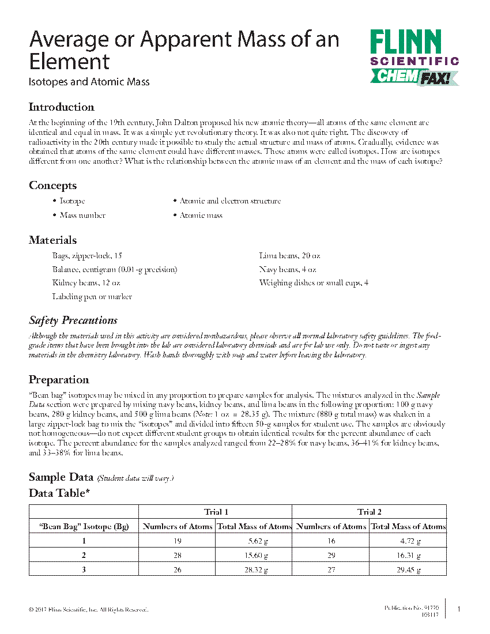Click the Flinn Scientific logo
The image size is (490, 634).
point(413,48)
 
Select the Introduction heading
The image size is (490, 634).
point(61,107)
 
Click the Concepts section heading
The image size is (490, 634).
point(52,186)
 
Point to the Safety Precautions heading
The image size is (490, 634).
point(73,320)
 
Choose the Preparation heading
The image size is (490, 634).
point(59,380)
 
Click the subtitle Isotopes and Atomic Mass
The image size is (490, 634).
point(89,82)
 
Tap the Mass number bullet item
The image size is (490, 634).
point(82,216)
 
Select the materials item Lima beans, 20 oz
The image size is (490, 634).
point(289,255)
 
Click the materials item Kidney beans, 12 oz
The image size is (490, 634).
point(86,283)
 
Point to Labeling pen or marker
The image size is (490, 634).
point(92,297)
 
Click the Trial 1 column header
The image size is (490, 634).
point(216,512)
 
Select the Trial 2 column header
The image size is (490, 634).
point(370,512)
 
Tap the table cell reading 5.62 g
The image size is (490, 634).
point(254,541)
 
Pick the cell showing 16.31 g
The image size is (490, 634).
point(408,555)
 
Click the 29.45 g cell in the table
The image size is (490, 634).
point(408,569)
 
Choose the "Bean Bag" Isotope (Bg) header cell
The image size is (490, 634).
point(84,526)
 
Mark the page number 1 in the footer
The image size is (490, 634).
point(458,609)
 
